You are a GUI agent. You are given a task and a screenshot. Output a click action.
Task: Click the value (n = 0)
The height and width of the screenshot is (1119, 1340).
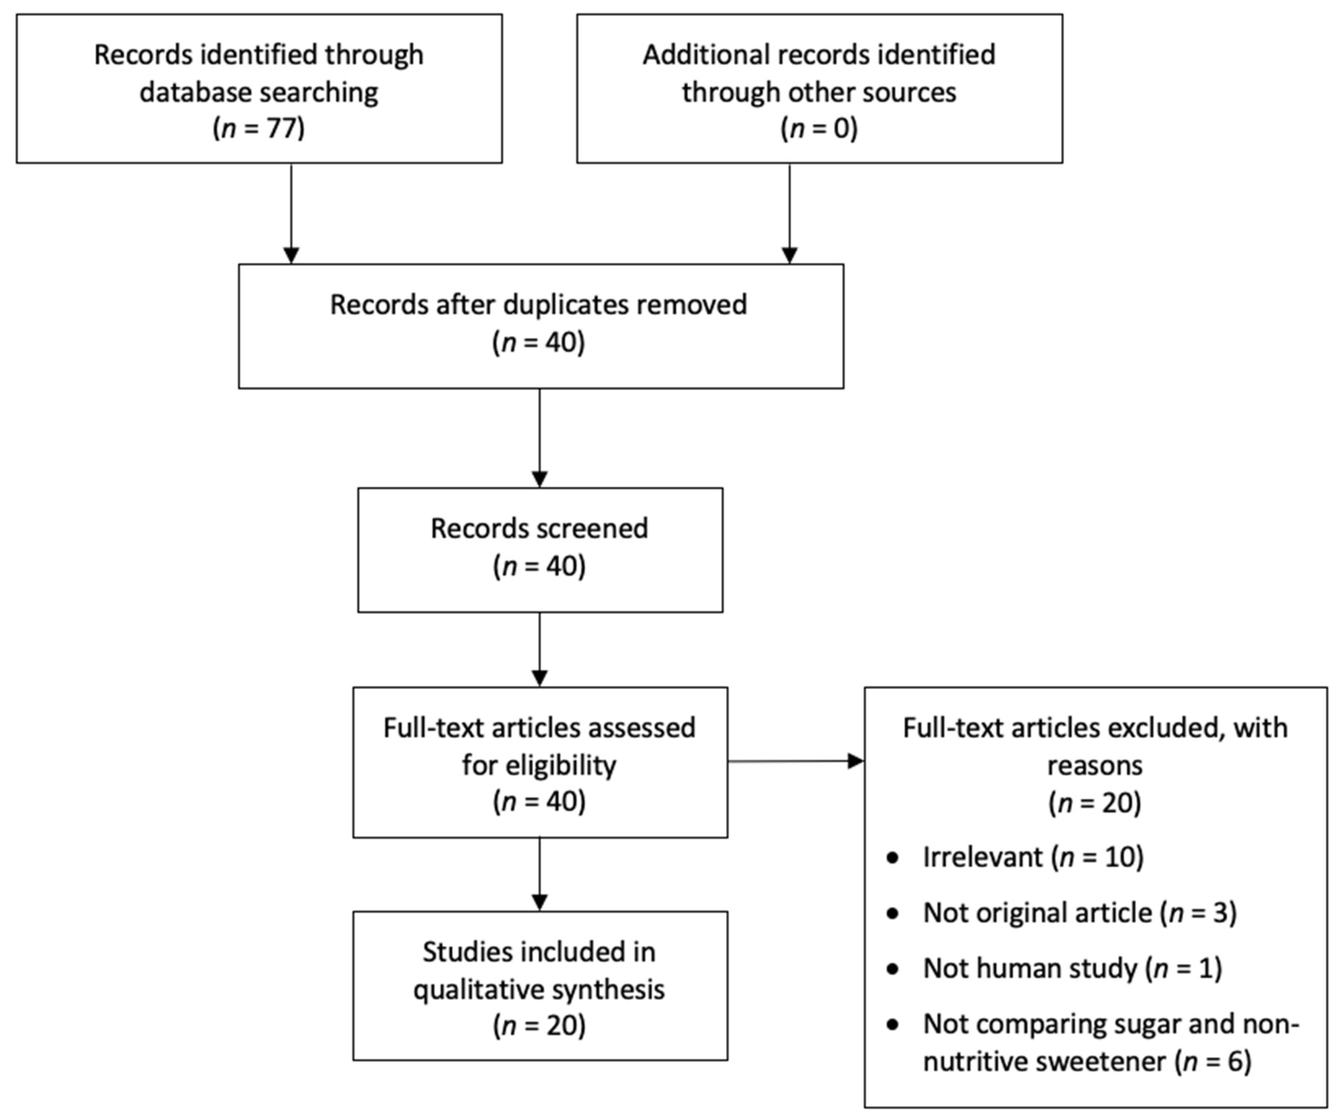click(819, 128)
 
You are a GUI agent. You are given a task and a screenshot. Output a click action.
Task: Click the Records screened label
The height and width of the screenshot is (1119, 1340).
click(539, 528)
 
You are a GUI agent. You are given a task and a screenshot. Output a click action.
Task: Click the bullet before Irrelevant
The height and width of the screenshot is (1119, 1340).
click(893, 857)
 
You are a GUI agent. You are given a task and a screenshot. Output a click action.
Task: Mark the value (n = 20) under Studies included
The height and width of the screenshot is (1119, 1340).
click(539, 1026)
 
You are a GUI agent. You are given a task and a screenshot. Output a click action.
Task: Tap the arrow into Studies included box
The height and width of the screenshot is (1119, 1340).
click(539, 874)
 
